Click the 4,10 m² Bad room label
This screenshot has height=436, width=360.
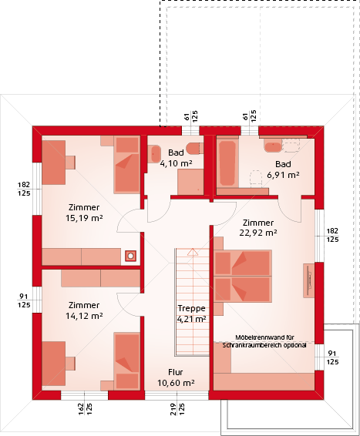(176, 158)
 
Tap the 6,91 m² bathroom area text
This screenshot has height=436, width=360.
(283, 169)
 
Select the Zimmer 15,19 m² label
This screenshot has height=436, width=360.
(84, 213)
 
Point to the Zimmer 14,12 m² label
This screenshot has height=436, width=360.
(84, 310)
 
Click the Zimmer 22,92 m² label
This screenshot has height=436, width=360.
(258, 227)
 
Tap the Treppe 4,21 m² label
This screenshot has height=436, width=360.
(192, 314)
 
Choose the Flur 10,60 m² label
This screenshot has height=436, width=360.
(176, 377)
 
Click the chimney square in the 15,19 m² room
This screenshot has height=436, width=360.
(130, 256)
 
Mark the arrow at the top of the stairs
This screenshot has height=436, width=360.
(192, 252)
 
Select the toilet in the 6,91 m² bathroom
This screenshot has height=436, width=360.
(256, 177)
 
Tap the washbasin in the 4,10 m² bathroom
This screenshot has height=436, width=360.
(156, 154)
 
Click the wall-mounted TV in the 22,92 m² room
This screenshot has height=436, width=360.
(308, 280)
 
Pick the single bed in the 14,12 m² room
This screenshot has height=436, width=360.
(127, 361)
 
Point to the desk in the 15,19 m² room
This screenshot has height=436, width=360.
(54, 163)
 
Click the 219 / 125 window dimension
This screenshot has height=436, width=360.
(177, 409)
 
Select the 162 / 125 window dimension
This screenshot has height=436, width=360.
(85, 409)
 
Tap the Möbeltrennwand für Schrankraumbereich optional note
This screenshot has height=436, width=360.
(264, 341)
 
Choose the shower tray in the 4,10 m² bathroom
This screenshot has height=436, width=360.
(191, 182)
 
